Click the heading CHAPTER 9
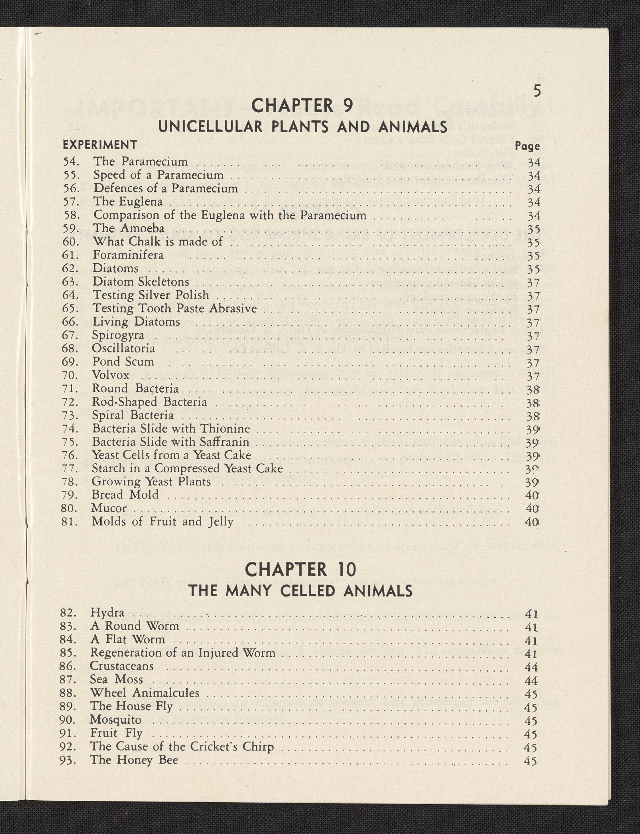302,105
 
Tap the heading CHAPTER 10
300,570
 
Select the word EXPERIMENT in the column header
100,145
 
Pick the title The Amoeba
129,228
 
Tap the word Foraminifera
128,255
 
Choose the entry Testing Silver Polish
151,295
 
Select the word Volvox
111,375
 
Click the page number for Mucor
531,509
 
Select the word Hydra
107,613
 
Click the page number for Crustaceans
531,666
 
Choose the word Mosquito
115,720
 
